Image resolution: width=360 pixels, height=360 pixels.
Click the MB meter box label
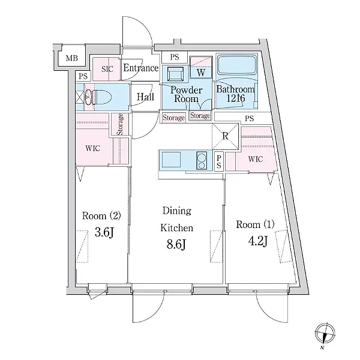click(72, 58)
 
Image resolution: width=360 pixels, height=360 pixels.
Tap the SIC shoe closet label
click(107, 69)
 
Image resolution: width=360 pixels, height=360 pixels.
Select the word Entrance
click(141, 68)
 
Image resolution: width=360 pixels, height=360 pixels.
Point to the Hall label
click(145, 97)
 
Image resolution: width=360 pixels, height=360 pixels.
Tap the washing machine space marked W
click(201, 67)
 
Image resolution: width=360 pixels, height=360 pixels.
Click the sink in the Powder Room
click(175, 74)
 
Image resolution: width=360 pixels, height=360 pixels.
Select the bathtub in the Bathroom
click(237, 65)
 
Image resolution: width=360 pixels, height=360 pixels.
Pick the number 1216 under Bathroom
click(236, 98)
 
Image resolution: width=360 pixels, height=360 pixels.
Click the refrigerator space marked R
click(225, 136)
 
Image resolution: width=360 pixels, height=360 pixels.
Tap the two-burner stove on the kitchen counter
click(202, 161)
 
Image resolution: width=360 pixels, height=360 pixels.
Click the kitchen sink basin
click(171, 160)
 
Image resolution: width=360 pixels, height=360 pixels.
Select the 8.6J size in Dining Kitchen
click(176, 245)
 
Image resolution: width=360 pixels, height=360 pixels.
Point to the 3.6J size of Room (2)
click(104, 233)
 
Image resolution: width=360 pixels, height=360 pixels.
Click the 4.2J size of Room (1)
click(258, 242)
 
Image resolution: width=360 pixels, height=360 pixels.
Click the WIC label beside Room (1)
click(256, 159)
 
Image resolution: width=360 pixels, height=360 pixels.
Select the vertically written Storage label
click(120, 125)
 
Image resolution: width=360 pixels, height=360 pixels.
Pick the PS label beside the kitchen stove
click(219, 161)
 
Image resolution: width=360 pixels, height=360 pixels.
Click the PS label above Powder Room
click(175, 57)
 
